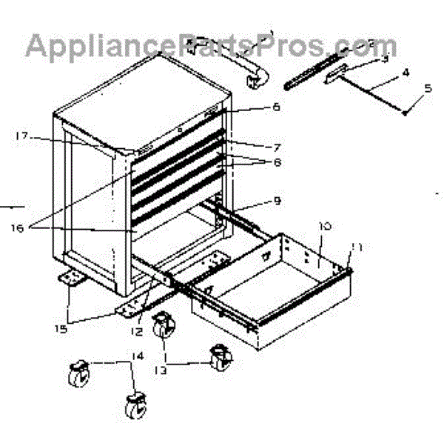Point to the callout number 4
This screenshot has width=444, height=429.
[x=406, y=73]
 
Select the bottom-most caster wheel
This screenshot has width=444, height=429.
[x=134, y=407]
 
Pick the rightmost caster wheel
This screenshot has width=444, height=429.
[x=220, y=360]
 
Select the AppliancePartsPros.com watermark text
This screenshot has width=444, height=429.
[x=211, y=46]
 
